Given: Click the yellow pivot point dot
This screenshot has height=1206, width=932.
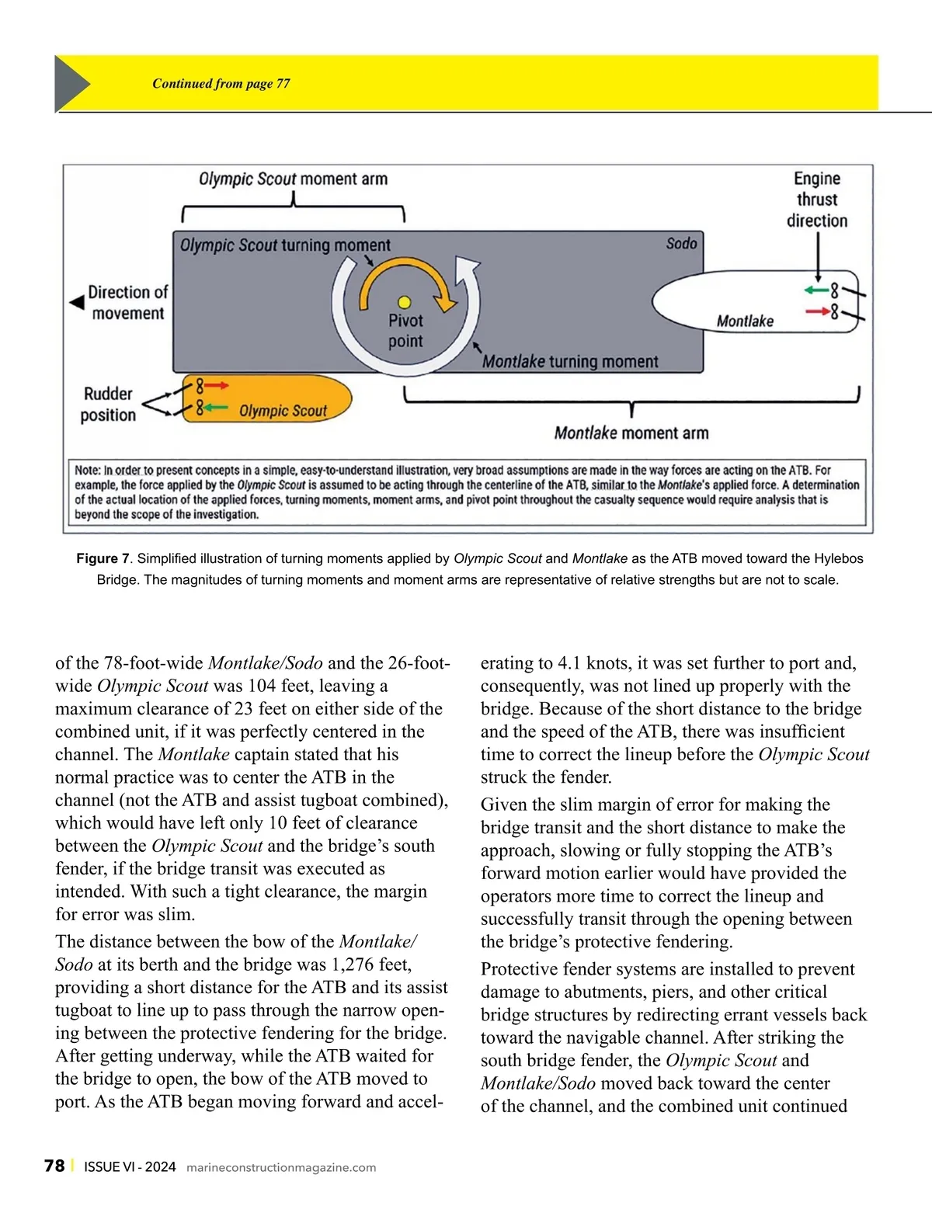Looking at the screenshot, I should (x=404, y=302).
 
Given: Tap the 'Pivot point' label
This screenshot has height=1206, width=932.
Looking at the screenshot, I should (x=405, y=331).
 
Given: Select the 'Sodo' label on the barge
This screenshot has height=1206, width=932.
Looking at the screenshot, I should (x=681, y=244).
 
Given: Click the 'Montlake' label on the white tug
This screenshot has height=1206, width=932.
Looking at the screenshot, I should (x=745, y=321).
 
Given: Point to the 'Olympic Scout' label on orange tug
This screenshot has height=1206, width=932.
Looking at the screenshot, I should (x=283, y=411).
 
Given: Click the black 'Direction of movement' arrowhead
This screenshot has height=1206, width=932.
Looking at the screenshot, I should (x=77, y=302).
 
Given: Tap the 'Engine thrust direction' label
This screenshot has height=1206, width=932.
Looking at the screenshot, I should (x=817, y=200).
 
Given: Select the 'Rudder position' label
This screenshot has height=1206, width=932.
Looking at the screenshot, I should (x=108, y=404).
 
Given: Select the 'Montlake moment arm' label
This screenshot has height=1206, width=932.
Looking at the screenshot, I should (x=631, y=433).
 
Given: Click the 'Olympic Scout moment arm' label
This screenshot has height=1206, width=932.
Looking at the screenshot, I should (x=293, y=179).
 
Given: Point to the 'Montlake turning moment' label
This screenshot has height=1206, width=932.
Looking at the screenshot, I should (x=570, y=362).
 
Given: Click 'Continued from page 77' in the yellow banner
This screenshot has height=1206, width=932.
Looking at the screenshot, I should (x=221, y=84).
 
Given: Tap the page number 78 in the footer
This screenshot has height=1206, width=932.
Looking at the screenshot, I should (x=54, y=1166).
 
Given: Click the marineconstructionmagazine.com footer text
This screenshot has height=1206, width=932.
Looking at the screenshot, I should (x=281, y=1167).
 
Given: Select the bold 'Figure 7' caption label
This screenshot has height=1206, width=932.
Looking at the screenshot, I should (x=103, y=558).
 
